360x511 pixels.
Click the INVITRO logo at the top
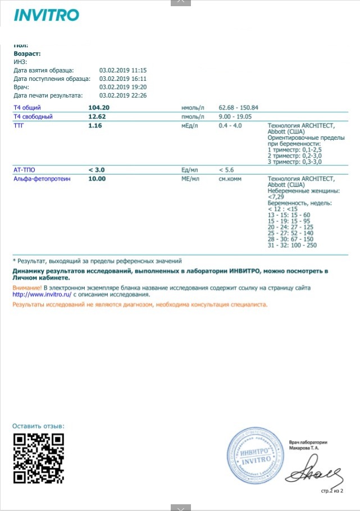pyautogui.click(x=46, y=15)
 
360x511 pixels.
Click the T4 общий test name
pyautogui.click(x=26, y=107)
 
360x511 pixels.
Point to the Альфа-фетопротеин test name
pyautogui.click(x=39, y=179)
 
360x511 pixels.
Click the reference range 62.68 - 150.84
pyautogui.click(x=238, y=107)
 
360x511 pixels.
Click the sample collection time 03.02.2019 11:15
pyautogui.click(x=123, y=70)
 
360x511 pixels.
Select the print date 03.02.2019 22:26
pyautogui.click(x=123, y=95)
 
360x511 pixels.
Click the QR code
pyautogui.click(x=38, y=458)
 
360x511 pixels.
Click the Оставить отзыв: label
pyautogui.click(x=38, y=426)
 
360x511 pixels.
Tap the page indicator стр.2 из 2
pyautogui.click(x=332, y=491)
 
